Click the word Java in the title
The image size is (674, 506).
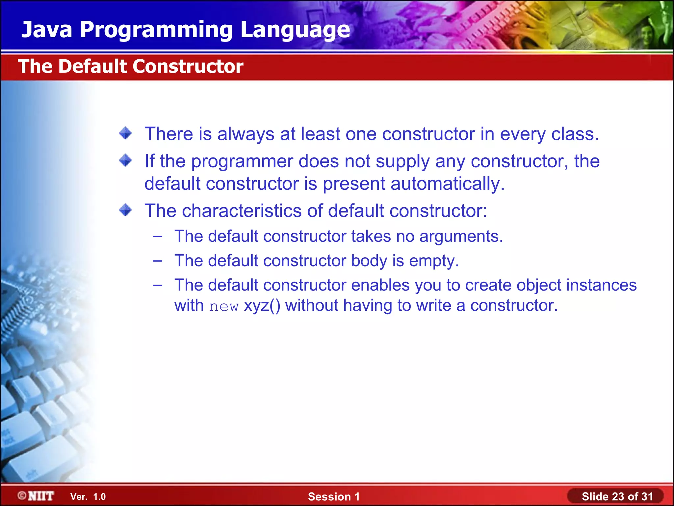click(47, 30)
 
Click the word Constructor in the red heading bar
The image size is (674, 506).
click(188, 67)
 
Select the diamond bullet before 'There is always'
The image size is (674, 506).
click(125, 133)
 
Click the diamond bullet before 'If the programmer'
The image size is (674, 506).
click(125, 161)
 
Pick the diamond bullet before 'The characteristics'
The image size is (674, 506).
click(125, 210)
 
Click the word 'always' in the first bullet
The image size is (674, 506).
click(246, 134)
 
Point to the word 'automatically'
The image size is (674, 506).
click(447, 184)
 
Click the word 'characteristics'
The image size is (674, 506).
click(241, 211)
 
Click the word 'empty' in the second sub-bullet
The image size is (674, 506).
click(433, 261)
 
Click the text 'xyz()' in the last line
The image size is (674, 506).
click(262, 306)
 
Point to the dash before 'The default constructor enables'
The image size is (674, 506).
click(158, 285)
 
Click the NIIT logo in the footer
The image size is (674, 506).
click(36, 496)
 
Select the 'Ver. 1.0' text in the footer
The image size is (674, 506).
click(88, 497)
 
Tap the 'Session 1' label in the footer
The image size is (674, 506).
click(334, 497)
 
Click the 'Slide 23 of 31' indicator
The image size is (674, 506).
click(617, 496)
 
